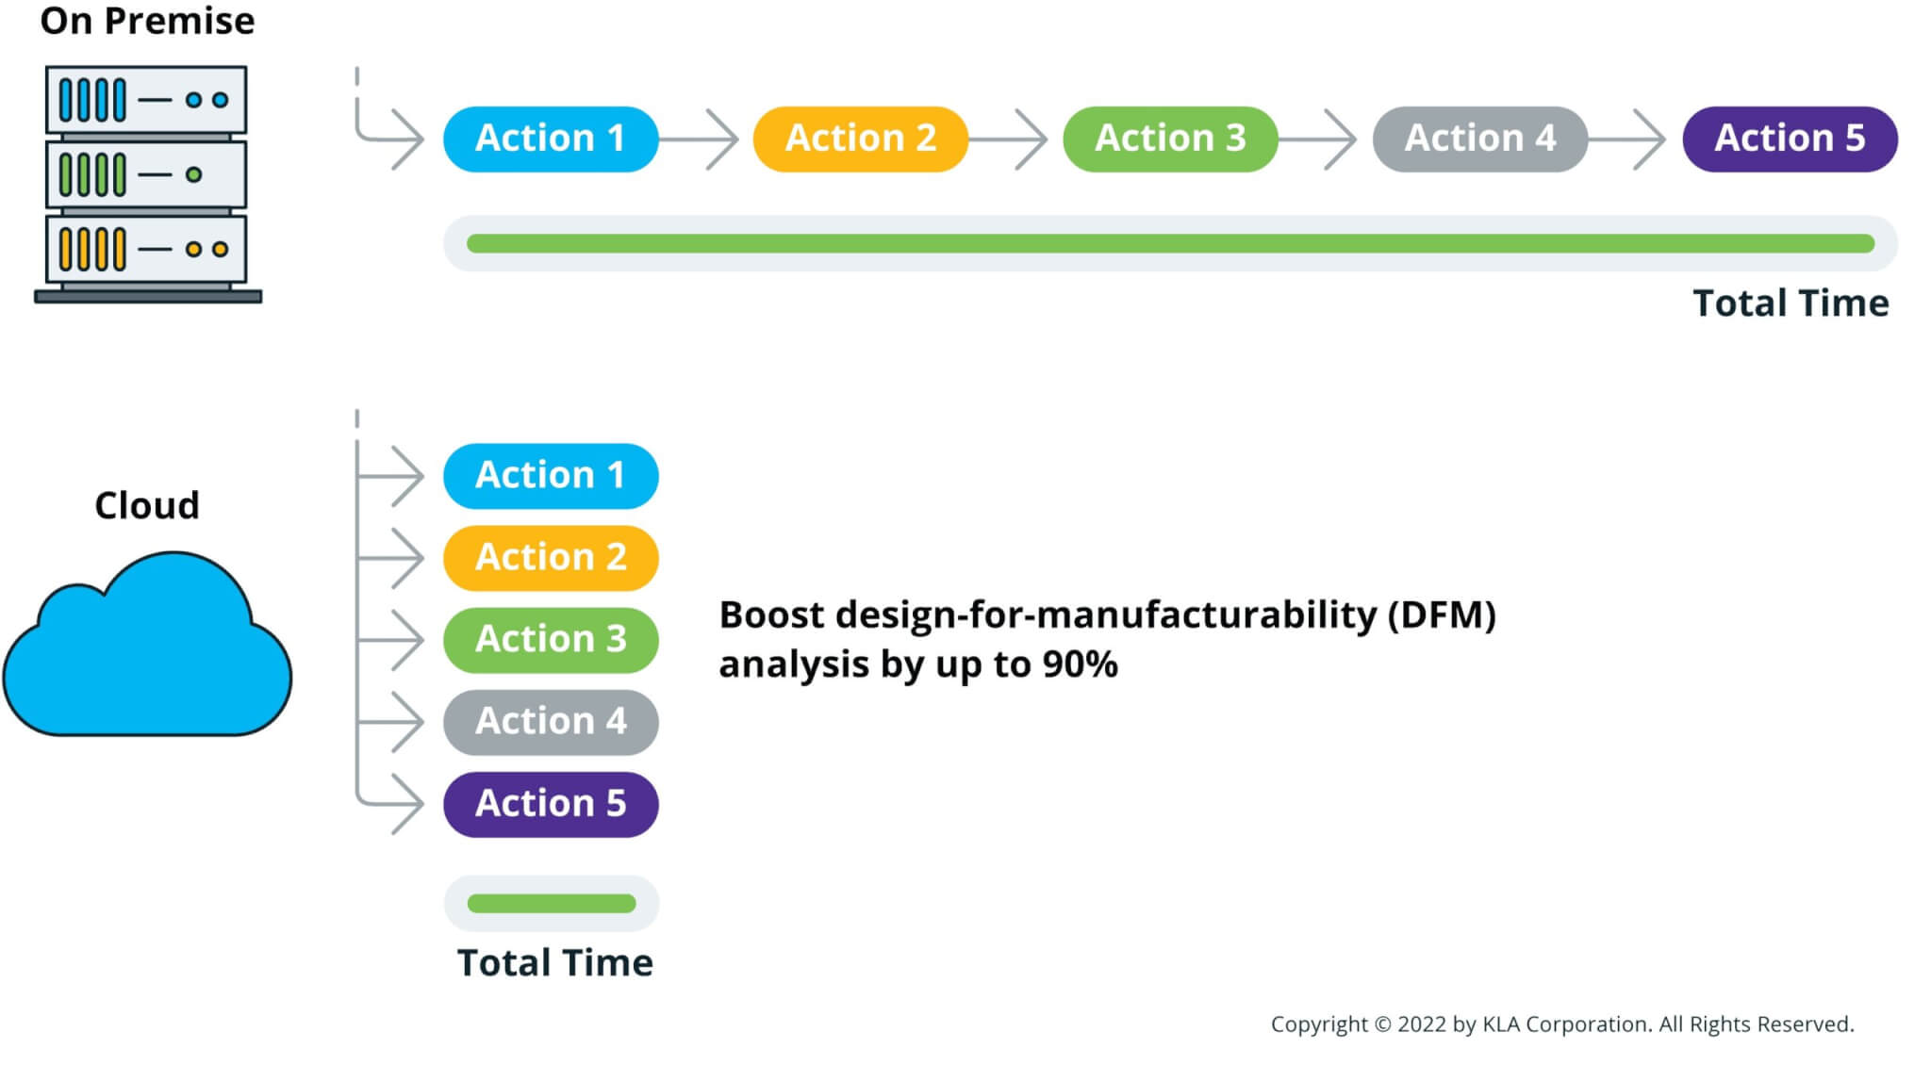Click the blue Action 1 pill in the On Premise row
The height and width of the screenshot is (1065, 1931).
551,139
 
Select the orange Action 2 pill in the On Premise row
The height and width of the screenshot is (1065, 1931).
860,139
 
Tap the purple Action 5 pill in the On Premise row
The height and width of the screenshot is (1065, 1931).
1790,139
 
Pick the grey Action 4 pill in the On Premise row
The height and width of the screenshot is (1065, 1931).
1479,139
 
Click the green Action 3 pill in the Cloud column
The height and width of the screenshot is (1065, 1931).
551,640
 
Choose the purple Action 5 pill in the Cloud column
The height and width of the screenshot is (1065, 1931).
551,804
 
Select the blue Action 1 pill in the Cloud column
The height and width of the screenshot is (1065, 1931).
551,476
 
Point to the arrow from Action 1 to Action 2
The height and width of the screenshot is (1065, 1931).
699,139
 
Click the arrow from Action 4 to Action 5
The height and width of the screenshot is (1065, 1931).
1627,139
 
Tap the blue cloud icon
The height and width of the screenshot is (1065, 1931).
148,650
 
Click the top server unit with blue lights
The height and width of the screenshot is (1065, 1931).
146,99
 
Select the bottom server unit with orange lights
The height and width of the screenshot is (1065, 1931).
146,249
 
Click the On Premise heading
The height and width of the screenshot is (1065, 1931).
147,21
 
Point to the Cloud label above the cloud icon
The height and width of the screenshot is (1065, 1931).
147,506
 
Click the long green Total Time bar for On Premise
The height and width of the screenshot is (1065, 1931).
1170,244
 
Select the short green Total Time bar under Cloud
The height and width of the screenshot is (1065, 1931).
552,904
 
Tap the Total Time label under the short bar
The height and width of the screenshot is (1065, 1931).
555,963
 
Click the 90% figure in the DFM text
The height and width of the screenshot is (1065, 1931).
1081,664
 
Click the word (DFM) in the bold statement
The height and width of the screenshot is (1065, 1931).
1442,615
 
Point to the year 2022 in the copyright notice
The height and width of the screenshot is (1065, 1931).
1422,1024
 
